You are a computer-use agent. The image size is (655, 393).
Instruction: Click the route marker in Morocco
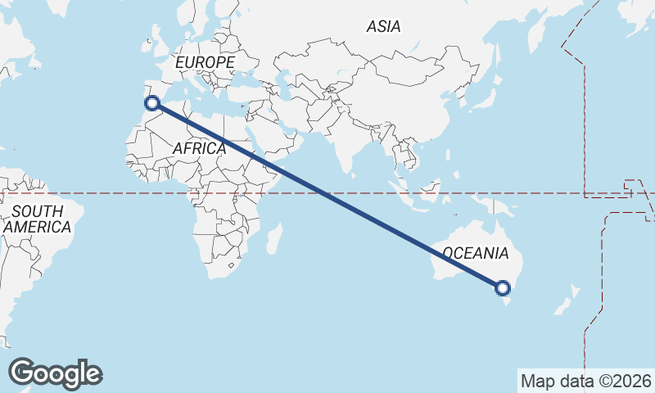click(x=151, y=102)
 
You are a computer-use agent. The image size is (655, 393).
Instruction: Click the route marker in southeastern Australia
click(x=503, y=287)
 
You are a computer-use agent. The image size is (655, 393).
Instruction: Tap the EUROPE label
click(x=205, y=62)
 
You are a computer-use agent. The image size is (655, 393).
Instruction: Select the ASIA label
click(x=383, y=26)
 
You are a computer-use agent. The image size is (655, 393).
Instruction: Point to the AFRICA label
click(x=199, y=148)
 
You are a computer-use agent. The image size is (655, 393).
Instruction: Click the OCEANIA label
click(x=475, y=253)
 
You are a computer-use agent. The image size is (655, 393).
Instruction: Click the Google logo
click(x=55, y=373)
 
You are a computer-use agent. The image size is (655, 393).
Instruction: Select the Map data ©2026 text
click(x=586, y=381)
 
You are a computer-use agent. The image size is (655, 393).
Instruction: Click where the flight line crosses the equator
click(x=325, y=194)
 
